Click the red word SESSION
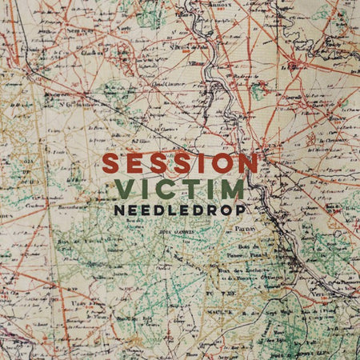coord(179,163)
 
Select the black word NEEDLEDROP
coord(179,210)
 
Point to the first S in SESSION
coord(112,163)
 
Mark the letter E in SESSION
coord(134,163)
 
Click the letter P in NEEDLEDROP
coord(238,210)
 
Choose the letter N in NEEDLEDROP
coord(120,210)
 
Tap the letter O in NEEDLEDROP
coord(222,210)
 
